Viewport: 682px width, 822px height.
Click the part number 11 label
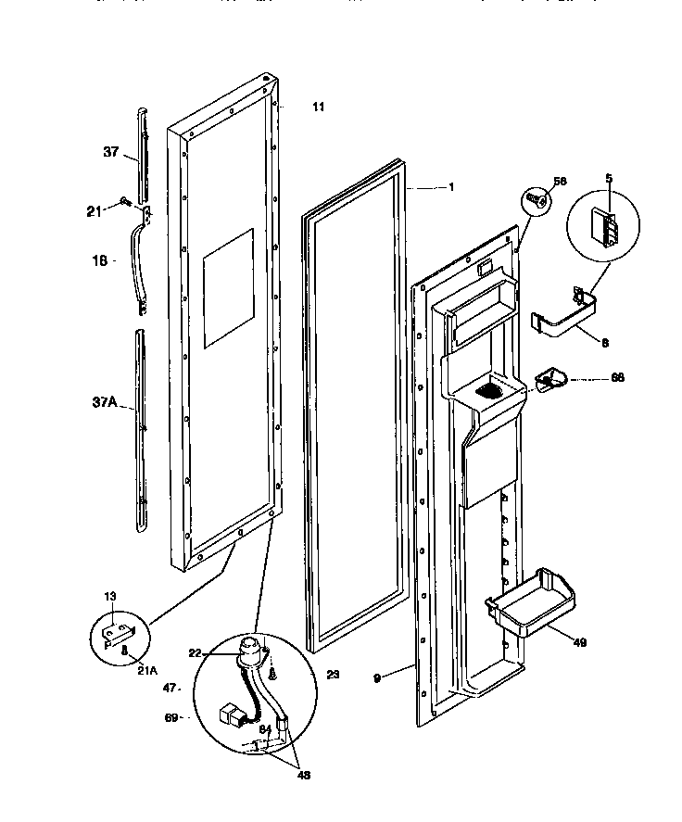click(318, 107)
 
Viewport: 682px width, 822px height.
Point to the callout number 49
click(580, 641)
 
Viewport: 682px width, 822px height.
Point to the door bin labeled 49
click(524, 608)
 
